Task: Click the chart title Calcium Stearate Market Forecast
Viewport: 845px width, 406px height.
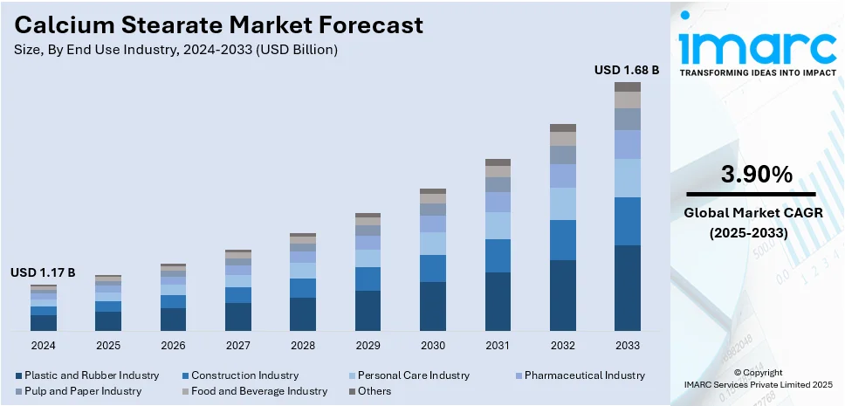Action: click(x=219, y=24)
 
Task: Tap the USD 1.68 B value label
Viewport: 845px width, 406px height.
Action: click(x=627, y=69)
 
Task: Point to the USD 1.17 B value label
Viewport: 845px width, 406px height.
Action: click(x=43, y=273)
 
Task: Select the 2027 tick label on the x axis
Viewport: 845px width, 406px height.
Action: click(x=238, y=346)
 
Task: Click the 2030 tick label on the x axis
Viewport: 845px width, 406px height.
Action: click(x=433, y=346)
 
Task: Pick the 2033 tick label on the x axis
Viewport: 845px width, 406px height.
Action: click(x=627, y=346)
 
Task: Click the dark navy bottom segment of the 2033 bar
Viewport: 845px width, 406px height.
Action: click(x=627, y=288)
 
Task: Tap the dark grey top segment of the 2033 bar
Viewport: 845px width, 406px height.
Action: click(x=627, y=86)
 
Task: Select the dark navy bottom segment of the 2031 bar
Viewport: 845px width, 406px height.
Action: click(x=498, y=301)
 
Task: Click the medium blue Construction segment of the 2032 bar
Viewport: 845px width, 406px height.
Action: click(x=562, y=240)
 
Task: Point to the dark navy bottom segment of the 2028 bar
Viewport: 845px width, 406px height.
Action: click(x=303, y=314)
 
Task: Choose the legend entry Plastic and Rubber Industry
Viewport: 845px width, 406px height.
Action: click(x=92, y=375)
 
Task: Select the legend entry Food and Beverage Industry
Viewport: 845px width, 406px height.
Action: click(x=259, y=391)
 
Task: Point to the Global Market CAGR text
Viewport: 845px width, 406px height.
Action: click(x=752, y=213)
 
